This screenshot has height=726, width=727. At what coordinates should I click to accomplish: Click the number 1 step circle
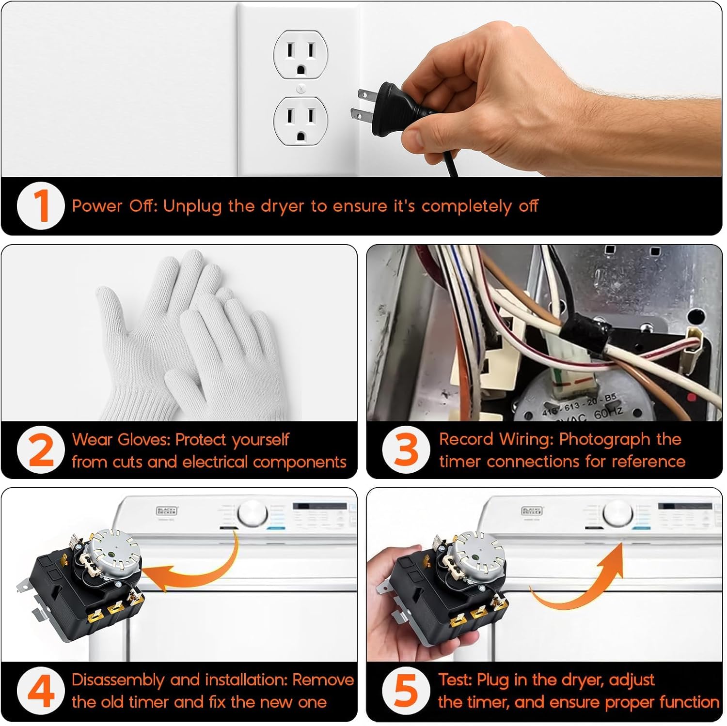[x=40, y=206]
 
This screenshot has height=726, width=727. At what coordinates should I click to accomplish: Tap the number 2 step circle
[x=40, y=450]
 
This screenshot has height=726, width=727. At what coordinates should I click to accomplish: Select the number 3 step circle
[x=406, y=450]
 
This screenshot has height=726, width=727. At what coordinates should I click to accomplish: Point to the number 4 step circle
[x=40, y=691]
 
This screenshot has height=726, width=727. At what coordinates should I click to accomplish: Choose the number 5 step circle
[x=406, y=691]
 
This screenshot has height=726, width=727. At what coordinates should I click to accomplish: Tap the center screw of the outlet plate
[x=300, y=88]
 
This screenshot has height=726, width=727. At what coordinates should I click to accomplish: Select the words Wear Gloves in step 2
[x=121, y=440]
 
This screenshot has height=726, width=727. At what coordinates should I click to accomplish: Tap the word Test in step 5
[x=455, y=680]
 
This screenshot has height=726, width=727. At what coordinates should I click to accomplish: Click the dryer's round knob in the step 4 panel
[x=253, y=513]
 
